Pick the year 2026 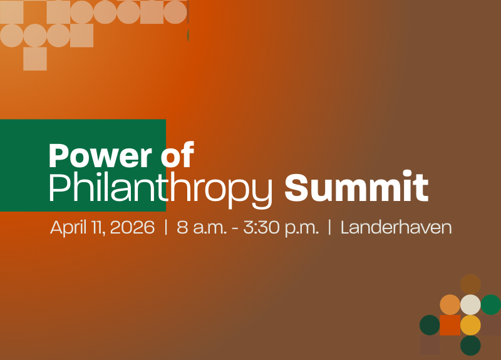pos(132,227)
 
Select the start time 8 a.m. pos(199,227)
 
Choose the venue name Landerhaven pos(396,227)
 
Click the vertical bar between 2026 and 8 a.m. pos(166,227)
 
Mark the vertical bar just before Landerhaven pos(329,227)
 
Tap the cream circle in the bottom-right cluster pos(470,304)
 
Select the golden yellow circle pos(470,325)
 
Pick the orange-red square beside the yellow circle pos(450,325)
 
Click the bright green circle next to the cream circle pos(491,304)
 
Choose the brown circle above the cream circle pos(470,284)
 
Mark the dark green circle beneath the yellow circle pos(470,346)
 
